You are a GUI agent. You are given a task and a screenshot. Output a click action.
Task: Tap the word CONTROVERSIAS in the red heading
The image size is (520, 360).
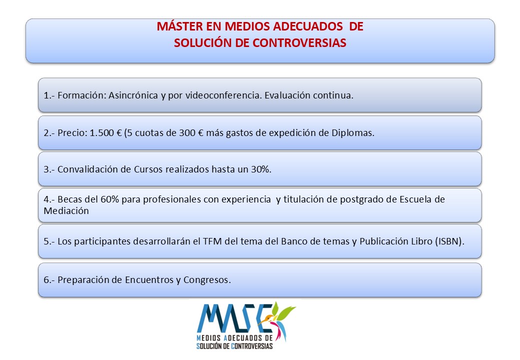click(x=299, y=43)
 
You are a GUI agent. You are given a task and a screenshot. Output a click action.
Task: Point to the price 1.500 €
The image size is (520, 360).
click(x=106, y=133)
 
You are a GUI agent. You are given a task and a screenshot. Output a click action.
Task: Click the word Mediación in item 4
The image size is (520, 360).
click(x=66, y=211)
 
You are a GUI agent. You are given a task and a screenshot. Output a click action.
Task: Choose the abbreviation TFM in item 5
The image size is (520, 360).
click(x=212, y=241)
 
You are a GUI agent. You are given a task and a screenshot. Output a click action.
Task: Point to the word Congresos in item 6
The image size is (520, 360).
click(x=207, y=280)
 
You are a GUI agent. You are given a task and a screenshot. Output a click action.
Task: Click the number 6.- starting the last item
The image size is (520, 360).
click(x=49, y=280)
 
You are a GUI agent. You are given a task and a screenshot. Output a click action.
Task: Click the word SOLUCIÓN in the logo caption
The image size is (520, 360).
click(x=208, y=346)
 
